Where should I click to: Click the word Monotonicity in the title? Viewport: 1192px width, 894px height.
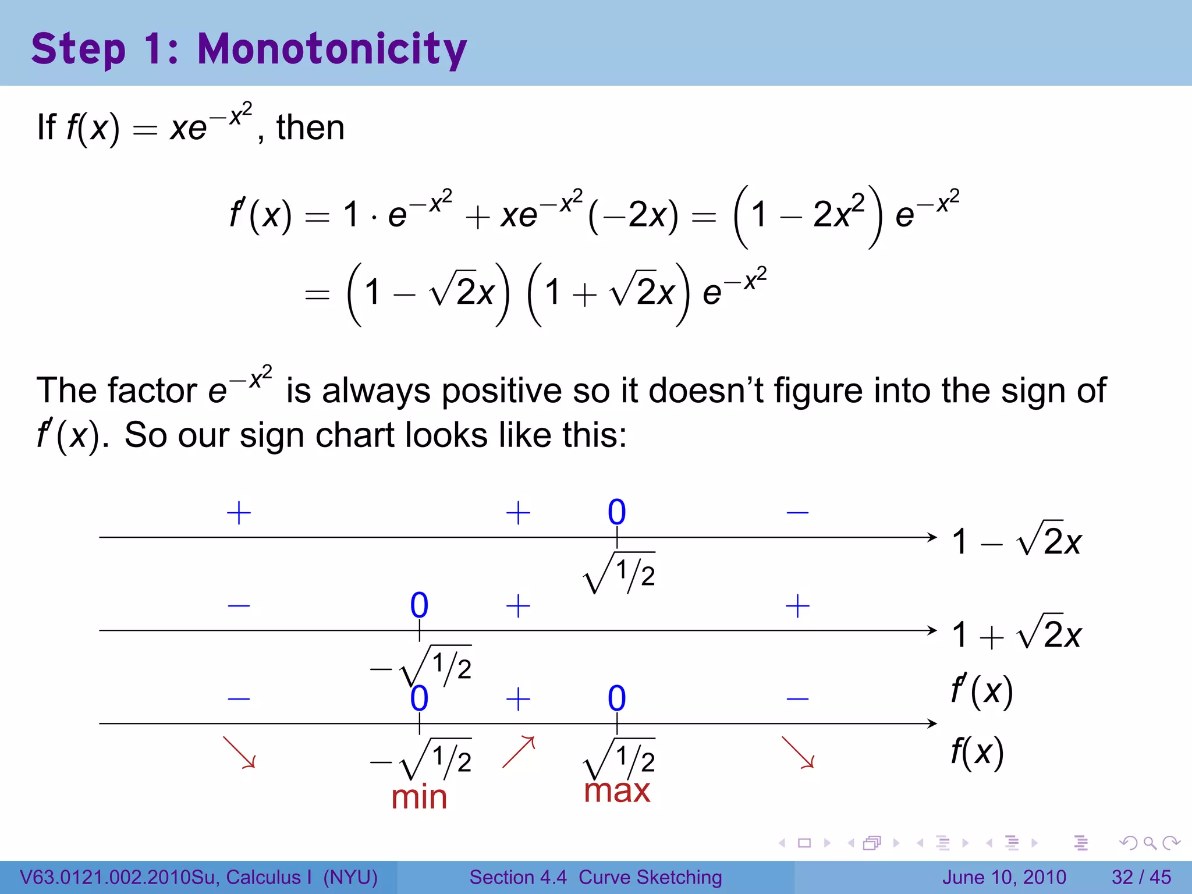click(x=332, y=49)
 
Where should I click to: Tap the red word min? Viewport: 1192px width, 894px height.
click(x=419, y=797)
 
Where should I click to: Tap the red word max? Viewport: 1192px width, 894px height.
click(x=617, y=791)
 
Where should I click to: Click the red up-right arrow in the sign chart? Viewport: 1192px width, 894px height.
click(x=518, y=752)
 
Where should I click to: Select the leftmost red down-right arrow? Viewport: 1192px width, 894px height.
click(x=239, y=753)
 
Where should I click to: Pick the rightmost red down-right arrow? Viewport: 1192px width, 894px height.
click(x=797, y=753)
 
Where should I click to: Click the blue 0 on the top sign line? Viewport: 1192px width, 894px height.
click(x=617, y=512)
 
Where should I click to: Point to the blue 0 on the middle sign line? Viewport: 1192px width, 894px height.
click(x=419, y=605)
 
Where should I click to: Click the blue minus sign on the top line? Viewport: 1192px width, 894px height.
click(x=797, y=513)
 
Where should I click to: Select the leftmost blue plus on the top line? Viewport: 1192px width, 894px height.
click(x=239, y=513)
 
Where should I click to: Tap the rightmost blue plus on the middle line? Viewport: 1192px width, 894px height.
click(x=797, y=606)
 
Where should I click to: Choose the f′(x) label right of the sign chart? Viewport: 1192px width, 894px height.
click(x=982, y=691)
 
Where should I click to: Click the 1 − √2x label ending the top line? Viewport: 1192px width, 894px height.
click(x=1016, y=541)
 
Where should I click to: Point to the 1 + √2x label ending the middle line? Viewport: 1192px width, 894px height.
click(x=1016, y=634)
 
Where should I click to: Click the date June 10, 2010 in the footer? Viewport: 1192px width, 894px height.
click(x=1004, y=877)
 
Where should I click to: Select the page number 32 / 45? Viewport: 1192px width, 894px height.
click(x=1141, y=877)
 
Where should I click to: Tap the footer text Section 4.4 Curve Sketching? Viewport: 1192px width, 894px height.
click(x=595, y=877)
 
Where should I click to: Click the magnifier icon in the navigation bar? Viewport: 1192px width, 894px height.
click(x=1150, y=843)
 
